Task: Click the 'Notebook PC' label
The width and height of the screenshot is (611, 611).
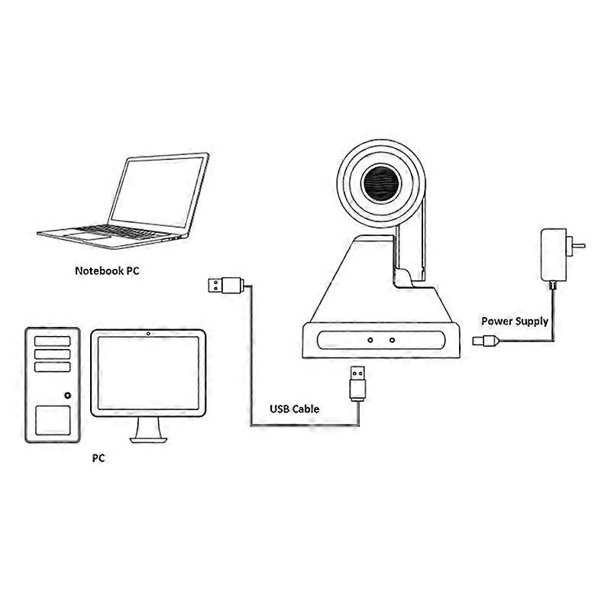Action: pos(107,271)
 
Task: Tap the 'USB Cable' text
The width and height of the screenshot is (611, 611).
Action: pos(295,409)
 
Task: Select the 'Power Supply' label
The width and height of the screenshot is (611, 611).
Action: pos(515,321)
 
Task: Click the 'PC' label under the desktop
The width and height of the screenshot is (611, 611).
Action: pos(99,457)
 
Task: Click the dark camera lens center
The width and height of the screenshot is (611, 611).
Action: pos(381,183)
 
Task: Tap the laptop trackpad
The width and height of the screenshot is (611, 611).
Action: pos(88,236)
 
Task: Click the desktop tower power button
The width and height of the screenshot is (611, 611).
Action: pos(68,396)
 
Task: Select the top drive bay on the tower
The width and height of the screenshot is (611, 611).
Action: pos(52,341)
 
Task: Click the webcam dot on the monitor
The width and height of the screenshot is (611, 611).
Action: pos(148,334)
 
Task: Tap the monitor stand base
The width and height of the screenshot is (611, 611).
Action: pos(148,441)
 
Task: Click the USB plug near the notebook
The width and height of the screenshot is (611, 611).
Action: pos(226,285)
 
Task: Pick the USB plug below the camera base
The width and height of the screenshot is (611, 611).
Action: pos(357,383)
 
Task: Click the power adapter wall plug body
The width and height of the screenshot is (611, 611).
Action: pos(553,254)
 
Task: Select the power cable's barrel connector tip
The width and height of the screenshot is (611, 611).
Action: pos(477,341)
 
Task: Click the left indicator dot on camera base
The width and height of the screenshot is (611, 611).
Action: pos(370,340)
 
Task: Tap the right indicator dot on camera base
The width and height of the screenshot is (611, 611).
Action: pos(392,340)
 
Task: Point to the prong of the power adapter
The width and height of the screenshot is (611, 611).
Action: pos(579,246)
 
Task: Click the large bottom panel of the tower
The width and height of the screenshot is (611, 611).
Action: pos(53,421)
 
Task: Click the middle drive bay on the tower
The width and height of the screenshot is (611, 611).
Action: pos(52,354)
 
